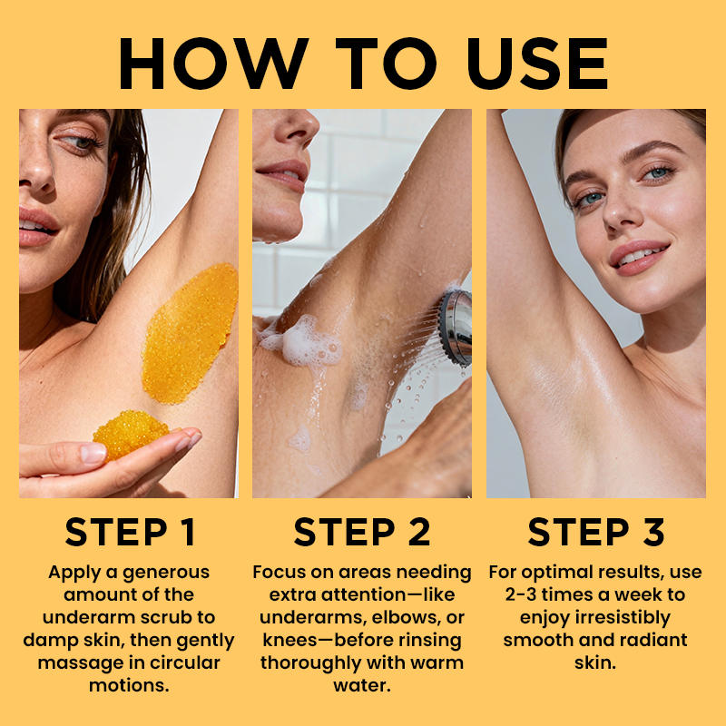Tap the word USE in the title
tap(537, 64)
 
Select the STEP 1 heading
tap(130, 532)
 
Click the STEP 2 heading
tap(362, 532)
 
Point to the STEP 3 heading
tap(596, 532)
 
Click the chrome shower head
tap(456, 327)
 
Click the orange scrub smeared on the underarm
tap(189, 332)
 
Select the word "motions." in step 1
tap(129, 685)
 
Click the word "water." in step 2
tap(362, 685)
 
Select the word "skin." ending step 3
tap(595, 662)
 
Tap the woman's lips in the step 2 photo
tap(283, 175)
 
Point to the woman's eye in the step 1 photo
tap(81, 142)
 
